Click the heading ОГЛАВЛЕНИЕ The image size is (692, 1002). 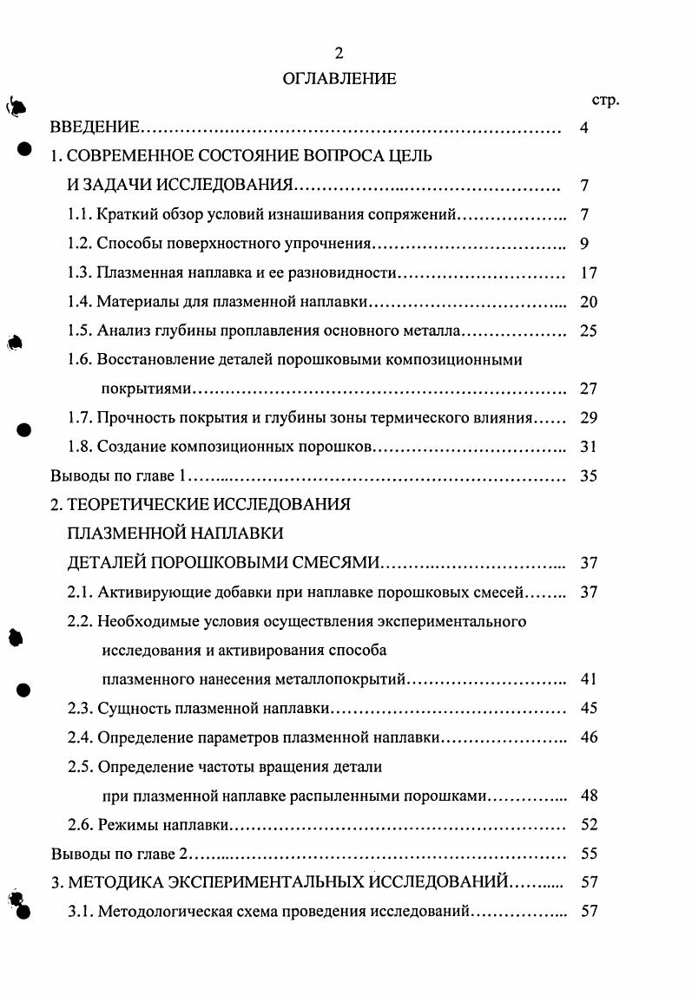339,79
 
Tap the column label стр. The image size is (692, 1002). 604,100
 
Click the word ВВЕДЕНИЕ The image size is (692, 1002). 95,129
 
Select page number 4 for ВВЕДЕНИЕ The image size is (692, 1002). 584,129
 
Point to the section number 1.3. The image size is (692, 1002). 79,273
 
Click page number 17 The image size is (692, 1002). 589,273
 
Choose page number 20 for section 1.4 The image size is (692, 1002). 589,302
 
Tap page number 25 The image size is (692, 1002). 589,331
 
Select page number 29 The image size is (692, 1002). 589,417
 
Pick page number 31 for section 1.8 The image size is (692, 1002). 589,447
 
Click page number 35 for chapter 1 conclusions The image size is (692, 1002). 589,476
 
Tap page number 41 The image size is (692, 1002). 589,678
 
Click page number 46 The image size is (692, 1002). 589,737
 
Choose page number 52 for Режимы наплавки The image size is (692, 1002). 589,824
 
